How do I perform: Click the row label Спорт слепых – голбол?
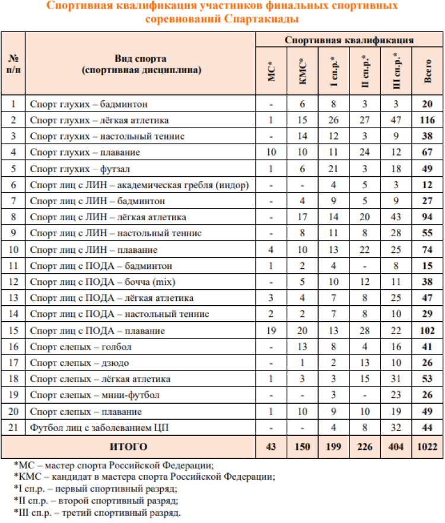click(81, 347)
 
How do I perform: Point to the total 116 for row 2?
click(427, 121)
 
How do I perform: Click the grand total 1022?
click(427, 447)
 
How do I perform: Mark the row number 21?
click(13, 427)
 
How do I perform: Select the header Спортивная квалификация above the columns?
click(349, 40)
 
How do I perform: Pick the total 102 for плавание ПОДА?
click(427, 331)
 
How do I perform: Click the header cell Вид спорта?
click(141, 59)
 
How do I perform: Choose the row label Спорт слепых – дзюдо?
click(80, 363)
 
